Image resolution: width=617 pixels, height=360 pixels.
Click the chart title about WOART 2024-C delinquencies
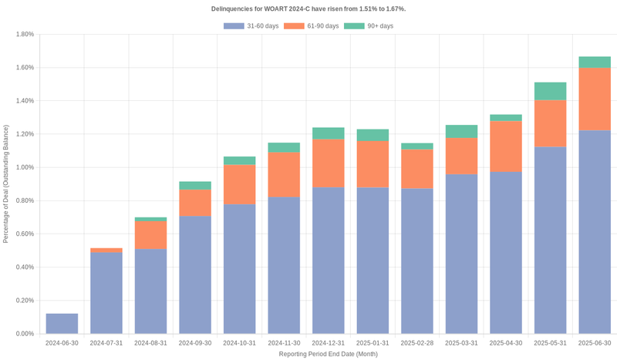point(308,8)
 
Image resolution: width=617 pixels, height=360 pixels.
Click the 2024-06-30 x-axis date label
point(62,343)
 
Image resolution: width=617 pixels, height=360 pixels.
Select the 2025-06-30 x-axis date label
point(595,343)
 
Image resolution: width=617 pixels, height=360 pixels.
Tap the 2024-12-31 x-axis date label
point(329,343)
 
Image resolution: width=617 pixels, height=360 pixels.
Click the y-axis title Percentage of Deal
point(6,183)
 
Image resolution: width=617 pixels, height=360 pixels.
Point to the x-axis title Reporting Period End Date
point(329,354)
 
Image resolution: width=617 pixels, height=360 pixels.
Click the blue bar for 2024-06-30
point(62,324)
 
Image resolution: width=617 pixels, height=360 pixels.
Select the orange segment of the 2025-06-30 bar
point(595,99)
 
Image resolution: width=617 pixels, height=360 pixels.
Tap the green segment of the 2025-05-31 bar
point(551,91)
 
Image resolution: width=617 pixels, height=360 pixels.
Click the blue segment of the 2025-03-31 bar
point(461,254)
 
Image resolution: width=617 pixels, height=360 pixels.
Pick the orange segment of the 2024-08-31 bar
point(150,235)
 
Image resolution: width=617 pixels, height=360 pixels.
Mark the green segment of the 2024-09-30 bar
point(195,185)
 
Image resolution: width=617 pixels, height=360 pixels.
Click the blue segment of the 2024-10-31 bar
point(240,270)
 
